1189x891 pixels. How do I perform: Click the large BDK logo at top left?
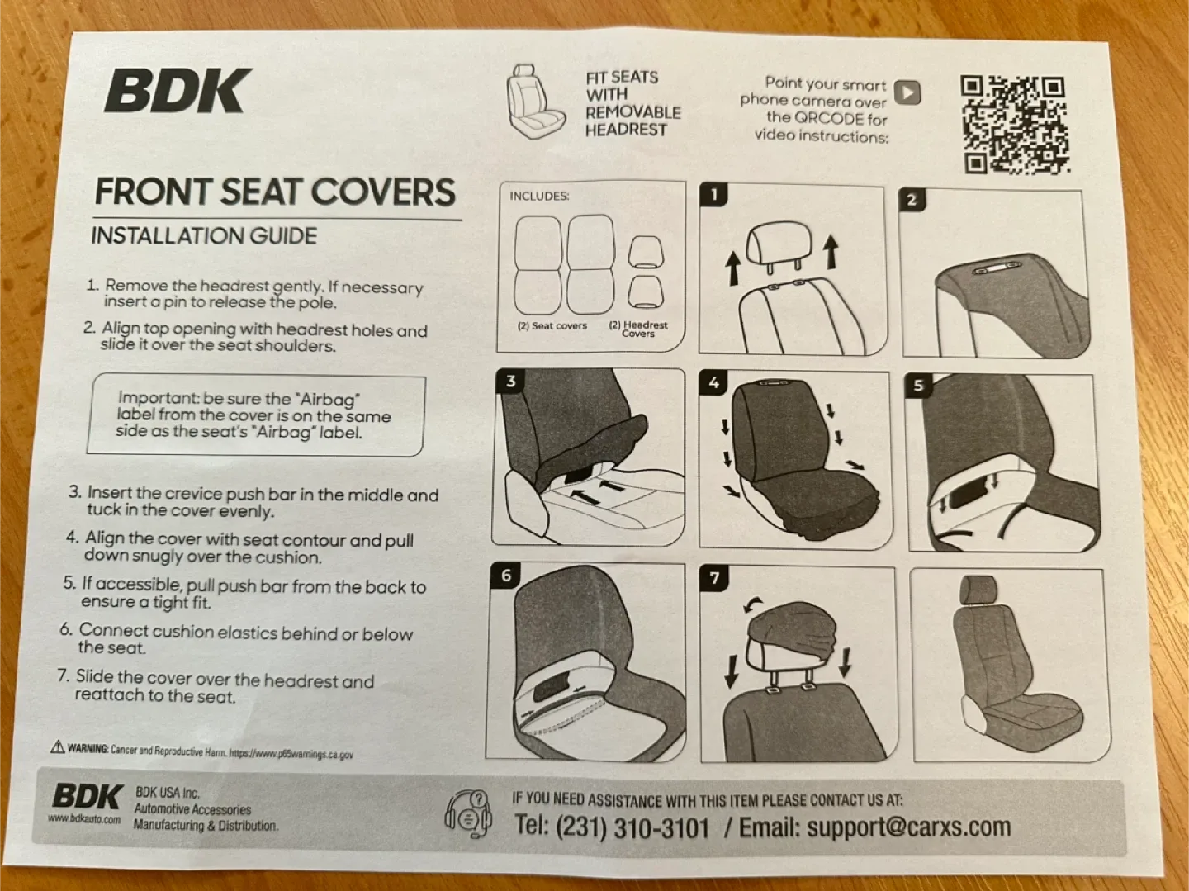point(178,91)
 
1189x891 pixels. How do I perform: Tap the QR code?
point(1014,124)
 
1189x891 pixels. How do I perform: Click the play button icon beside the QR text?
point(907,92)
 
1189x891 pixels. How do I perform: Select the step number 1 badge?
point(714,195)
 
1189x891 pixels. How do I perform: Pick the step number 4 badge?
point(713,382)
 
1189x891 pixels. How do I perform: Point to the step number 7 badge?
point(714,578)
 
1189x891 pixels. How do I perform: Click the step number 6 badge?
point(506,576)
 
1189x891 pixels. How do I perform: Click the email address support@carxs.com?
point(908,827)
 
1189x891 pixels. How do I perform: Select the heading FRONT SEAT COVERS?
point(275,192)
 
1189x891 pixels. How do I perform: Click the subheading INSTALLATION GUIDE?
point(204,235)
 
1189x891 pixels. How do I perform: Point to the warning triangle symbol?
point(58,746)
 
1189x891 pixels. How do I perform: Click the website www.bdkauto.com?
point(84,819)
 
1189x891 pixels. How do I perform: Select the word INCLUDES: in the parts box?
point(539,197)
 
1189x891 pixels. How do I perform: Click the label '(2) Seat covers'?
point(552,326)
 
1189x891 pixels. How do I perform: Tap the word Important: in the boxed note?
point(159,398)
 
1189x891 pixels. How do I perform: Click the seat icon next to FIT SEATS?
point(537,102)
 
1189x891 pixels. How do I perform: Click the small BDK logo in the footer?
point(87,797)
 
